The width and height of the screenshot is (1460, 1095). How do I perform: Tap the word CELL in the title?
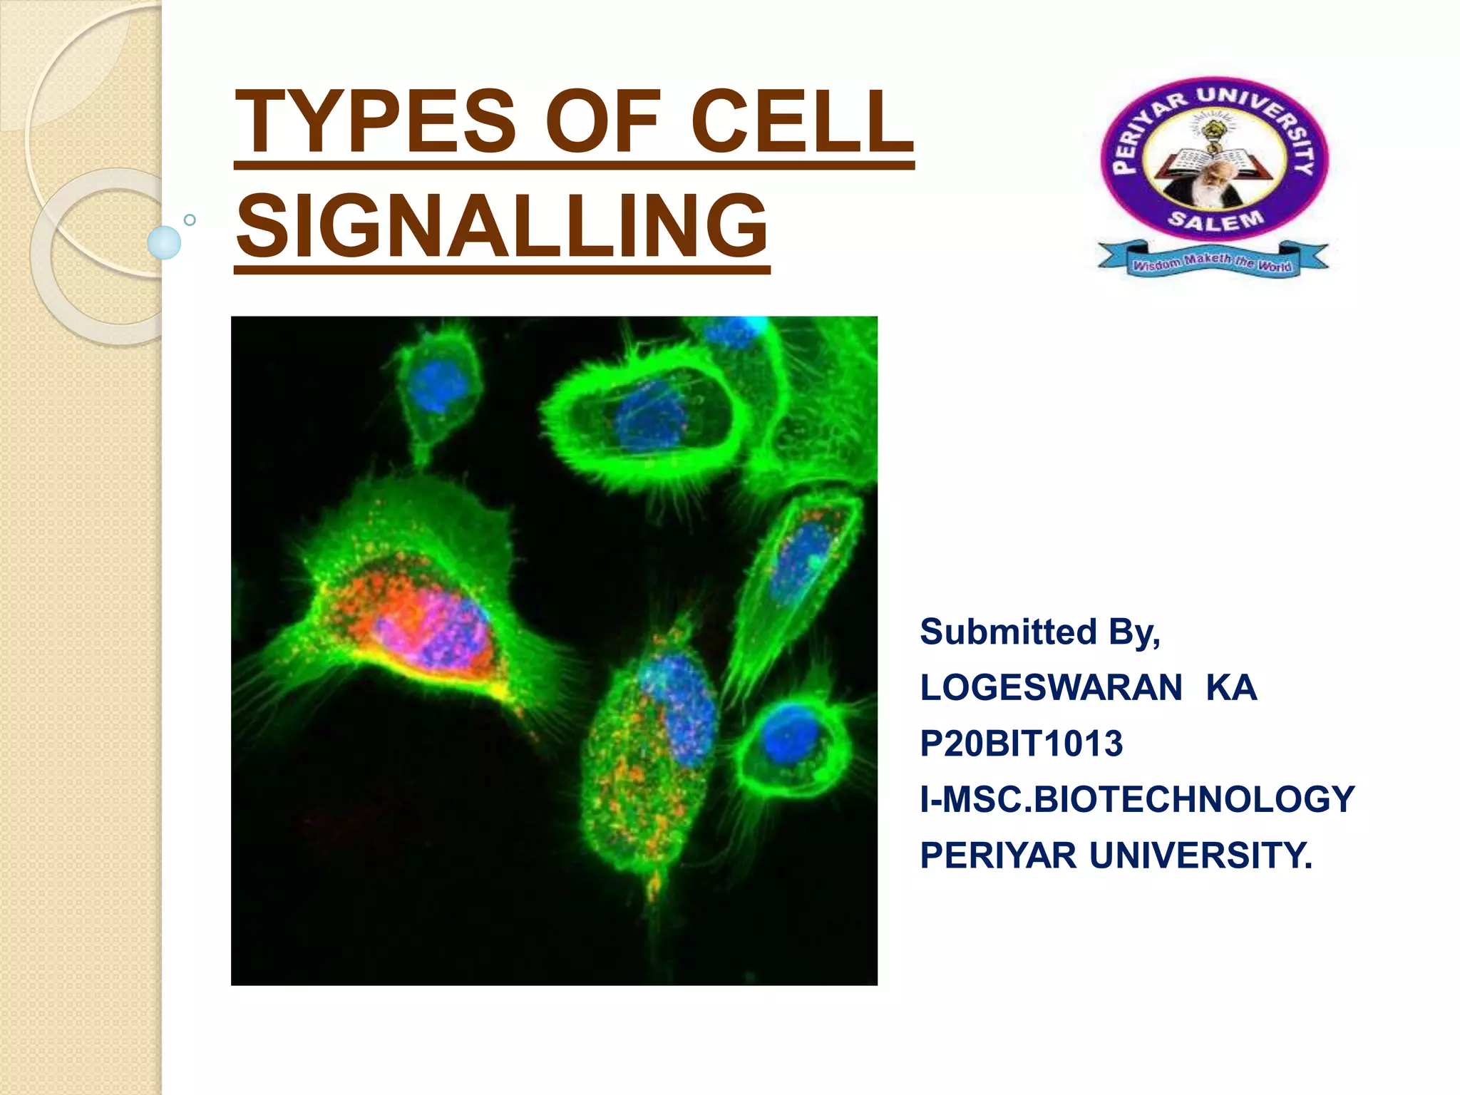pyautogui.click(x=802, y=121)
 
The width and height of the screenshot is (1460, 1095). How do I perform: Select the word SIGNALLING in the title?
pyautogui.click(x=502, y=227)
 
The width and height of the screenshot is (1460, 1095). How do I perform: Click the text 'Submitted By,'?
pyautogui.click(x=1039, y=632)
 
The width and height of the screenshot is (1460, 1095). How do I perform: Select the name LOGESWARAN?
pyautogui.click(x=1051, y=688)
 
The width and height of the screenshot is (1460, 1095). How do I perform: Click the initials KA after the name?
pyautogui.click(x=1231, y=688)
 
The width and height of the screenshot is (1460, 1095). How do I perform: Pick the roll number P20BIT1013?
pyautogui.click(x=1021, y=744)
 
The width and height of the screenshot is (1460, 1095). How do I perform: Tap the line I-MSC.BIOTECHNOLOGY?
pyautogui.click(x=1136, y=799)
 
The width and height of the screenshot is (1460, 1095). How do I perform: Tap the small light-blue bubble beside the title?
pyautogui.click(x=164, y=242)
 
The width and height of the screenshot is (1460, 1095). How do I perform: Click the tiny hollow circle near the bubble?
pyautogui.click(x=190, y=220)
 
